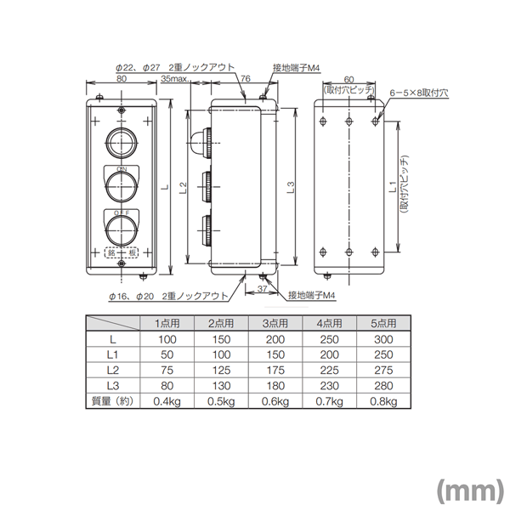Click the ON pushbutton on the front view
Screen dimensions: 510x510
point(122,183)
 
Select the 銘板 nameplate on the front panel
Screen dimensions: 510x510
point(122,252)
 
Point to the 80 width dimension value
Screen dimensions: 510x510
point(122,78)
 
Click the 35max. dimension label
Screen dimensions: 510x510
point(174,78)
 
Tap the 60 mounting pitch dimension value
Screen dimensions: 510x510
point(348,78)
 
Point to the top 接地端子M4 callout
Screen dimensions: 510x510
point(294,66)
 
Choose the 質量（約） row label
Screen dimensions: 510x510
point(113,400)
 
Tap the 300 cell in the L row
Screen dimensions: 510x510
point(384,339)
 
